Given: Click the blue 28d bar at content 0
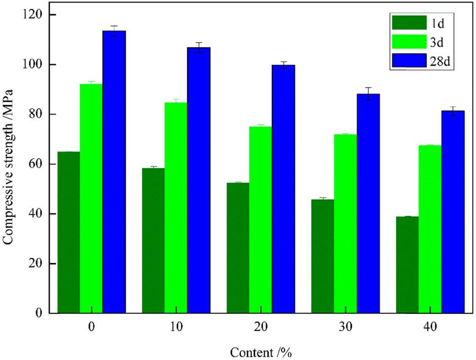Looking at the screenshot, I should pyautogui.click(x=114, y=172).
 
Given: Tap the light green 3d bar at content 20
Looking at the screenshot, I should pyautogui.click(x=260, y=220).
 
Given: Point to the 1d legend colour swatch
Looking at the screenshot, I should pyautogui.click(x=409, y=23).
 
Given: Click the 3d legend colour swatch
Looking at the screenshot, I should pyautogui.click(x=409, y=42).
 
